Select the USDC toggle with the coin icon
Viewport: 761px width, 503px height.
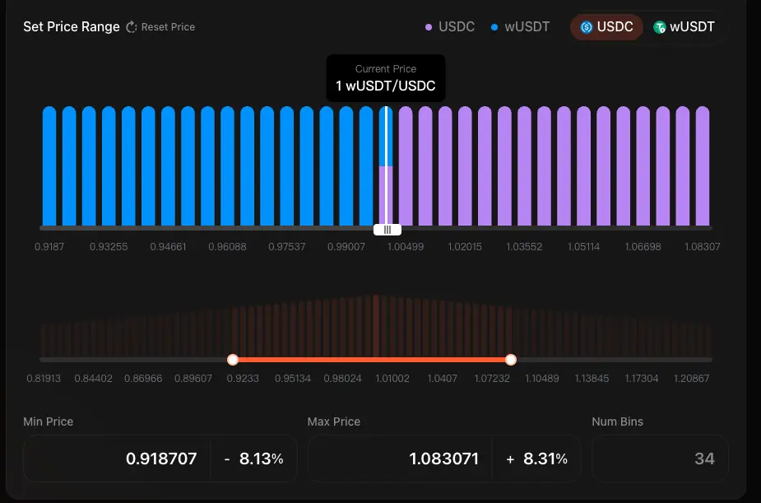coord(606,27)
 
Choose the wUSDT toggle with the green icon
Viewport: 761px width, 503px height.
coord(684,27)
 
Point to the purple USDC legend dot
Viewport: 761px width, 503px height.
coord(429,27)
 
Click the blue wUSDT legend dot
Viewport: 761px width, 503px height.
coord(494,27)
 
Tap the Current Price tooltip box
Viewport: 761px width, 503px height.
coord(386,78)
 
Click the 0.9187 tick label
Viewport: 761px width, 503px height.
coord(49,247)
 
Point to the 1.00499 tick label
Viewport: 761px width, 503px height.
coord(405,247)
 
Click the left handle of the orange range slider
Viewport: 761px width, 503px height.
coord(233,360)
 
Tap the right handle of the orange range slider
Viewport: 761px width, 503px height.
coord(511,360)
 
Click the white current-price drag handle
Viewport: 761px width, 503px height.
coord(387,230)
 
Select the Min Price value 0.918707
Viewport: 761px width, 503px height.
coord(161,459)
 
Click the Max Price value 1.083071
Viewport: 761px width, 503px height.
coord(443,459)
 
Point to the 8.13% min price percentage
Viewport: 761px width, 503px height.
coord(261,459)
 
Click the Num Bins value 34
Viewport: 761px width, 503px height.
coord(704,459)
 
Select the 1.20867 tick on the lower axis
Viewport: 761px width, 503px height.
coord(691,379)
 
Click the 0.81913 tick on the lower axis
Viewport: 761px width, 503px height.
coord(44,379)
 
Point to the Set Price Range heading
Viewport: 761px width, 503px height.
coord(72,27)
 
